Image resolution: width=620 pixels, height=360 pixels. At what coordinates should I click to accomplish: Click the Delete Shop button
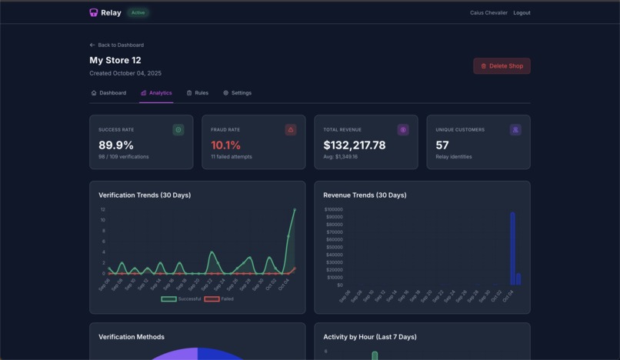502,66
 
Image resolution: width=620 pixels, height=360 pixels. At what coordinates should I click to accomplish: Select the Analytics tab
156,93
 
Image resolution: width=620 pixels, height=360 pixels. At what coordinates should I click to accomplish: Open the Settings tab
237,93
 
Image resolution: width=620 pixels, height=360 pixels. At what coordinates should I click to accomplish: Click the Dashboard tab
108,93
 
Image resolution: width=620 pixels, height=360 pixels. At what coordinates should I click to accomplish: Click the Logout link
522,13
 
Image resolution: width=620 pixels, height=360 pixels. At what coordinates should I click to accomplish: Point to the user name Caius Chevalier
488,13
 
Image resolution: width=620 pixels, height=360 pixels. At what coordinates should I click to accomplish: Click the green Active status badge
138,13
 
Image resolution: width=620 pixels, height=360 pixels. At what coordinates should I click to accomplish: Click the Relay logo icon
94,13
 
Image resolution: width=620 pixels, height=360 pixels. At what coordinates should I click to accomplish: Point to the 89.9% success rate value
116,145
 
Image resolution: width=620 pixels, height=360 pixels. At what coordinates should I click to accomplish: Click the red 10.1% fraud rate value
225,145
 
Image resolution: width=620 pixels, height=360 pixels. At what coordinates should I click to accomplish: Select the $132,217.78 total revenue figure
354,145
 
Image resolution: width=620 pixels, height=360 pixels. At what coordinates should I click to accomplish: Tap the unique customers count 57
442,145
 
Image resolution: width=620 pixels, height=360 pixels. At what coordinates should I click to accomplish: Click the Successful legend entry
182,298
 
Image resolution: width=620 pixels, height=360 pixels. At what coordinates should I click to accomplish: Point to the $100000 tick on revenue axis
333,209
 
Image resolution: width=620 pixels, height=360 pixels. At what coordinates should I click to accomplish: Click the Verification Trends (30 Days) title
145,195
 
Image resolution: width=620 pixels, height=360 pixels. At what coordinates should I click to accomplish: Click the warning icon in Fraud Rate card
291,130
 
